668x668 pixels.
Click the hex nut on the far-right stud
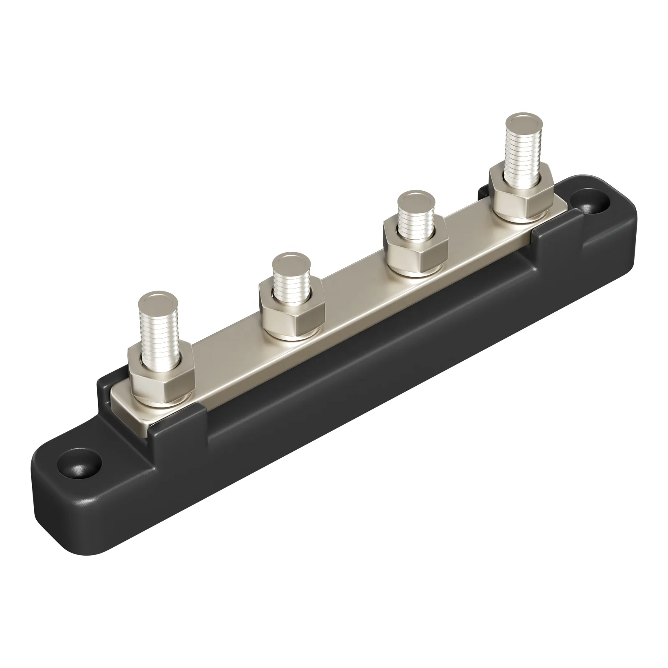521,193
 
